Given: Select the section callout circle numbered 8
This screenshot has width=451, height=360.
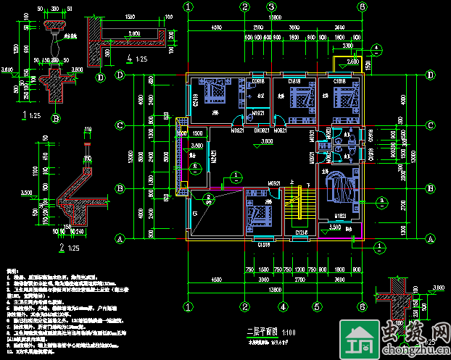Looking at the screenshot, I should pyautogui.click(x=194, y=167).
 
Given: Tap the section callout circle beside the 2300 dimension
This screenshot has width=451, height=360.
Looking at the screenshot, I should pyautogui.click(x=377, y=49).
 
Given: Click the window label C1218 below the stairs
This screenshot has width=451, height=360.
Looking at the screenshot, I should pyautogui.click(x=302, y=232).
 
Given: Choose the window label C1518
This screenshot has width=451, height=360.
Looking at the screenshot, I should pyautogui.click(x=265, y=246).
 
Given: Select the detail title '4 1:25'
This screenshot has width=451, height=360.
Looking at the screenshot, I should pyautogui.click(x=136, y=58).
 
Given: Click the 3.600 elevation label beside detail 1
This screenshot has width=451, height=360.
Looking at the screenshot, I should pyautogui.click(x=8, y=70).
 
